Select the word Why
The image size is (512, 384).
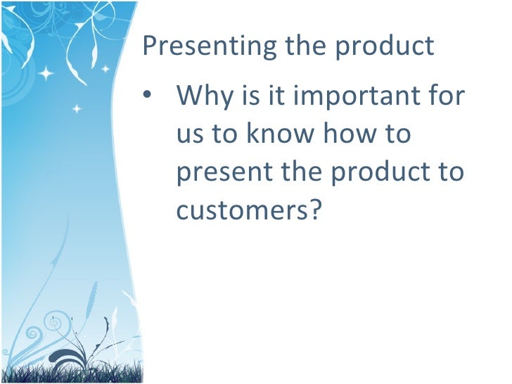point(205,95)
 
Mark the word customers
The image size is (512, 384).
point(240,209)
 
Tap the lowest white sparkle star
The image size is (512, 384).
point(77,109)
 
